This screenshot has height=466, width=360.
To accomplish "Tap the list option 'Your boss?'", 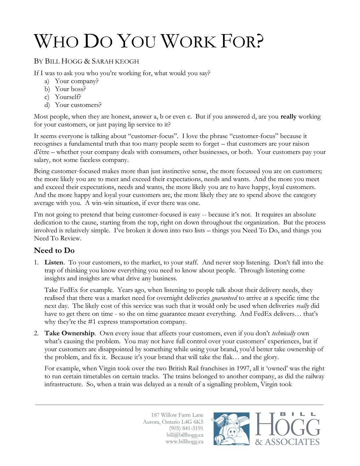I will pos(70,89).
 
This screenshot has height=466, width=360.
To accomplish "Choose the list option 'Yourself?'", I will pos(68,97).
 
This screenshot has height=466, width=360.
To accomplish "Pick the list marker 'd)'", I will pos(47,105).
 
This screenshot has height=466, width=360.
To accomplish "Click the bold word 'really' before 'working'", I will pos(288,117).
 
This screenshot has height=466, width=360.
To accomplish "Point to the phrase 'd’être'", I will pos(41,152).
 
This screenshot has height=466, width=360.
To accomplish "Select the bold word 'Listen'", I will pos(54,262).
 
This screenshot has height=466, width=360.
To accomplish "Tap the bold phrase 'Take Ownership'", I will pos(69,333).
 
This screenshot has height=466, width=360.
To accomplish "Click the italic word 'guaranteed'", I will pos(224,298).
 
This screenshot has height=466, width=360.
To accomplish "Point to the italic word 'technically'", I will pos(284,333).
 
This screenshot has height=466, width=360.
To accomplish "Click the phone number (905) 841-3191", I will pos(186,428).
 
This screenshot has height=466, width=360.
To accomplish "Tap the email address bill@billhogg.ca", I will pos(185,435).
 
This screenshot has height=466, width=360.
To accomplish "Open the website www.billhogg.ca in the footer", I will pos(184,442).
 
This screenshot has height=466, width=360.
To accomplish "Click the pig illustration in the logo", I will pos(231,429).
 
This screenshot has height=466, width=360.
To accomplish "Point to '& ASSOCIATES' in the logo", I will pos(287,442).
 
